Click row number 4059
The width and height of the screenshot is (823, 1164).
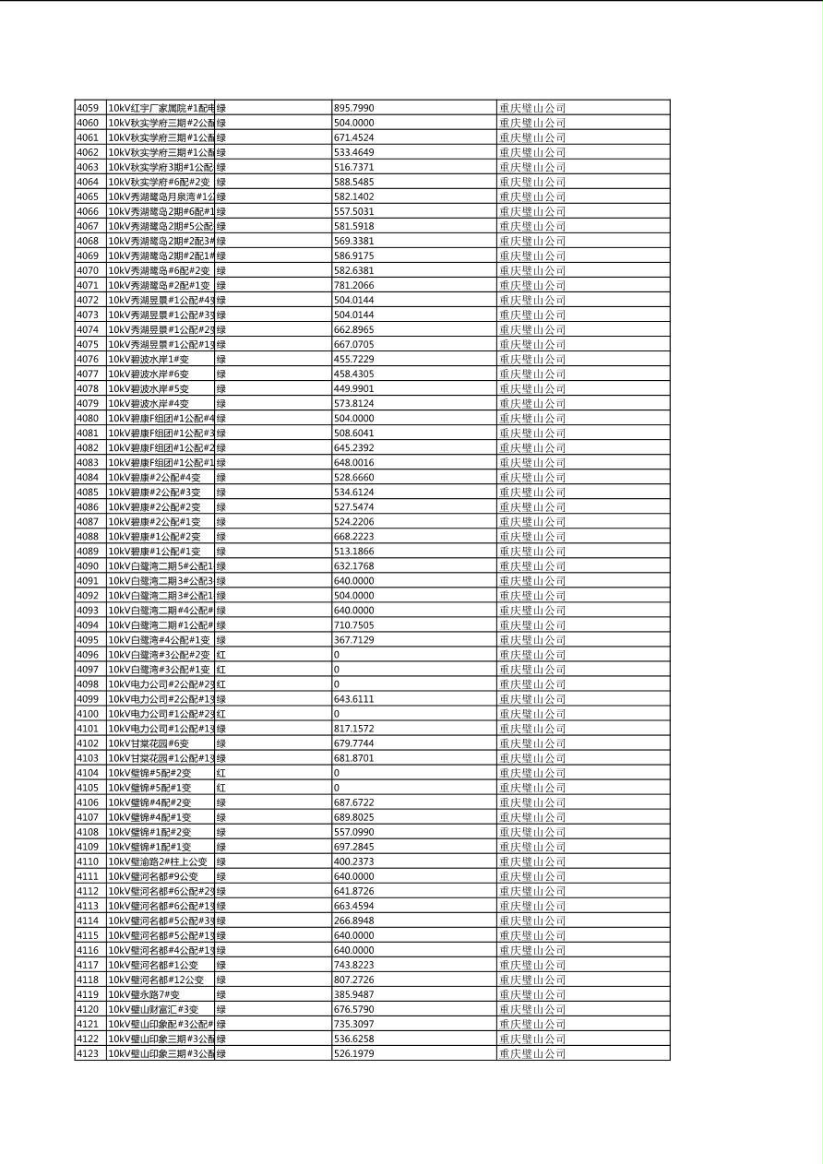click(x=88, y=108)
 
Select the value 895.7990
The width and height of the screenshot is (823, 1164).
click(x=353, y=108)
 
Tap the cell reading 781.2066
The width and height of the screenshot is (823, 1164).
click(x=353, y=285)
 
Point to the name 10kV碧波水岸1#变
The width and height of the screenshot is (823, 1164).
click(x=149, y=359)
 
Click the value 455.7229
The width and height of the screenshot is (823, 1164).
click(x=353, y=359)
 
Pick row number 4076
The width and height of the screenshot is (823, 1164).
click(x=88, y=359)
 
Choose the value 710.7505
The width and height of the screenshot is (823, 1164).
click(x=353, y=625)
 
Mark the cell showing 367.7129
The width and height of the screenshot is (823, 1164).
click(x=353, y=640)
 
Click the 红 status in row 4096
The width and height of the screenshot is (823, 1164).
click(x=221, y=655)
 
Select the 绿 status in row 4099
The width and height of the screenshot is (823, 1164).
click(x=221, y=699)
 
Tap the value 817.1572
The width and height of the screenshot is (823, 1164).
click(x=353, y=729)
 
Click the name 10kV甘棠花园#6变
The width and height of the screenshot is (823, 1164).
click(x=149, y=743)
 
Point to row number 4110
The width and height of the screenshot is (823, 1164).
click(x=88, y=861)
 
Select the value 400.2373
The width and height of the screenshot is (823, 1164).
click(x=353, y=861)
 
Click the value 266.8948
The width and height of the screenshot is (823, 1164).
click(x=353, y=921)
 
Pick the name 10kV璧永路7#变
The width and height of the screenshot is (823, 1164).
click(x=145, y=994)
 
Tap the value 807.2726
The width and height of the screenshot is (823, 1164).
click(x=353, y=980)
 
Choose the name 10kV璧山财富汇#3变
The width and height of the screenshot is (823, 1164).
click(x=153, y=1009)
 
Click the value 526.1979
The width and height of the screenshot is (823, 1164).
click(x=353, y=1053)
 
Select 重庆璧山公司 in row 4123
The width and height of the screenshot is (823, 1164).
click(x=532, y=1053)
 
